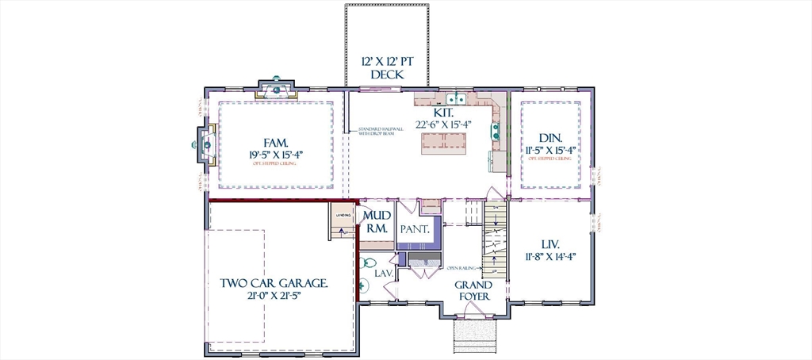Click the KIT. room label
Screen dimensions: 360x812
442,113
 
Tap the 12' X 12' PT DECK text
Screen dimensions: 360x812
382,67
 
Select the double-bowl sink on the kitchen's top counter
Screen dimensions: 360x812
455,99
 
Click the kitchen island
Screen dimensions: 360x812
443,142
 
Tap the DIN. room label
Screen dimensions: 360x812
550,137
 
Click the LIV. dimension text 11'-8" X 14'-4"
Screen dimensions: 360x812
550,255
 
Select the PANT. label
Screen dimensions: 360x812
414,229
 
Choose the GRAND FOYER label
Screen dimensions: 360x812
473,290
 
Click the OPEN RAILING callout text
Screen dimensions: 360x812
462,268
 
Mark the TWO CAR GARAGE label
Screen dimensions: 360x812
274,283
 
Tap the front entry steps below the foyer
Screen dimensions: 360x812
474,335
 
